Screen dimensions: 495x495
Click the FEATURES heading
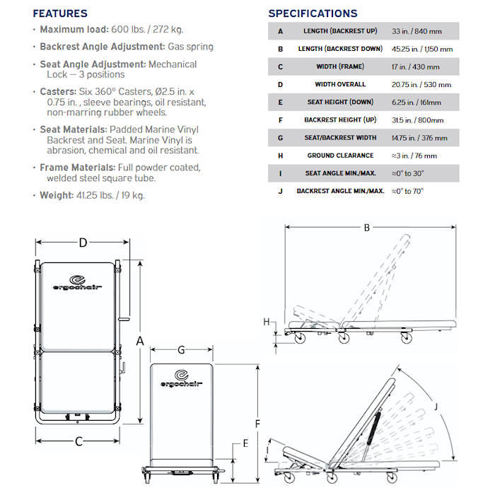click(x=60, y=13)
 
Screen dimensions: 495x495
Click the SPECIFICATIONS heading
click(x=313, y=13)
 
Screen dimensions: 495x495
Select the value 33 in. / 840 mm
click(x=417, y=31)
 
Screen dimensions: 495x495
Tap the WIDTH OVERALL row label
click(x=340, y=84)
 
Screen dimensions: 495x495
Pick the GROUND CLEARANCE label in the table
click(x=340, y=156)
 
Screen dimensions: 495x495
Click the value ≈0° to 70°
click(x=407, y=192)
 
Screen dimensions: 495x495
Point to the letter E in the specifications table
click(x=280, y=103)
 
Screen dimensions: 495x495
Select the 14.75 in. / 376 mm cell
click(x=419, y=138)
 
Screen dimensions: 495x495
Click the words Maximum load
click(x=74, y=30)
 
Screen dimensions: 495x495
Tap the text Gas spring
click(x=190, y=47)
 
